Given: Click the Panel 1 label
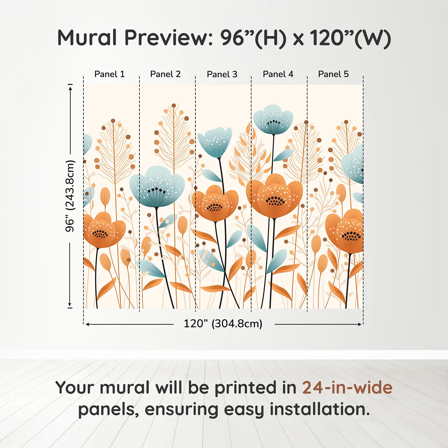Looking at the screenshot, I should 109,74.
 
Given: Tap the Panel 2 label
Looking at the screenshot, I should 165,74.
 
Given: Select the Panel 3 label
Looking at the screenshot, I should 222,75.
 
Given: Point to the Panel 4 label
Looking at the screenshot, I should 278,74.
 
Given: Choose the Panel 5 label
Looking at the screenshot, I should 333,74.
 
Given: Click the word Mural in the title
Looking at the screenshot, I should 87,38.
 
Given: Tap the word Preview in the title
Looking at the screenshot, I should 166,38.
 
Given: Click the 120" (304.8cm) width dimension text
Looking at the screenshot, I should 223,324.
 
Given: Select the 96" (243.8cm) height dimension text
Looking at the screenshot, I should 70,196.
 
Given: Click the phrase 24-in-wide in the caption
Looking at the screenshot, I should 347,388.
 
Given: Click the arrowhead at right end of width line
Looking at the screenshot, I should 360,324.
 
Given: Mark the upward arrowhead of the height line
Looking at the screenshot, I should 70,87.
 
